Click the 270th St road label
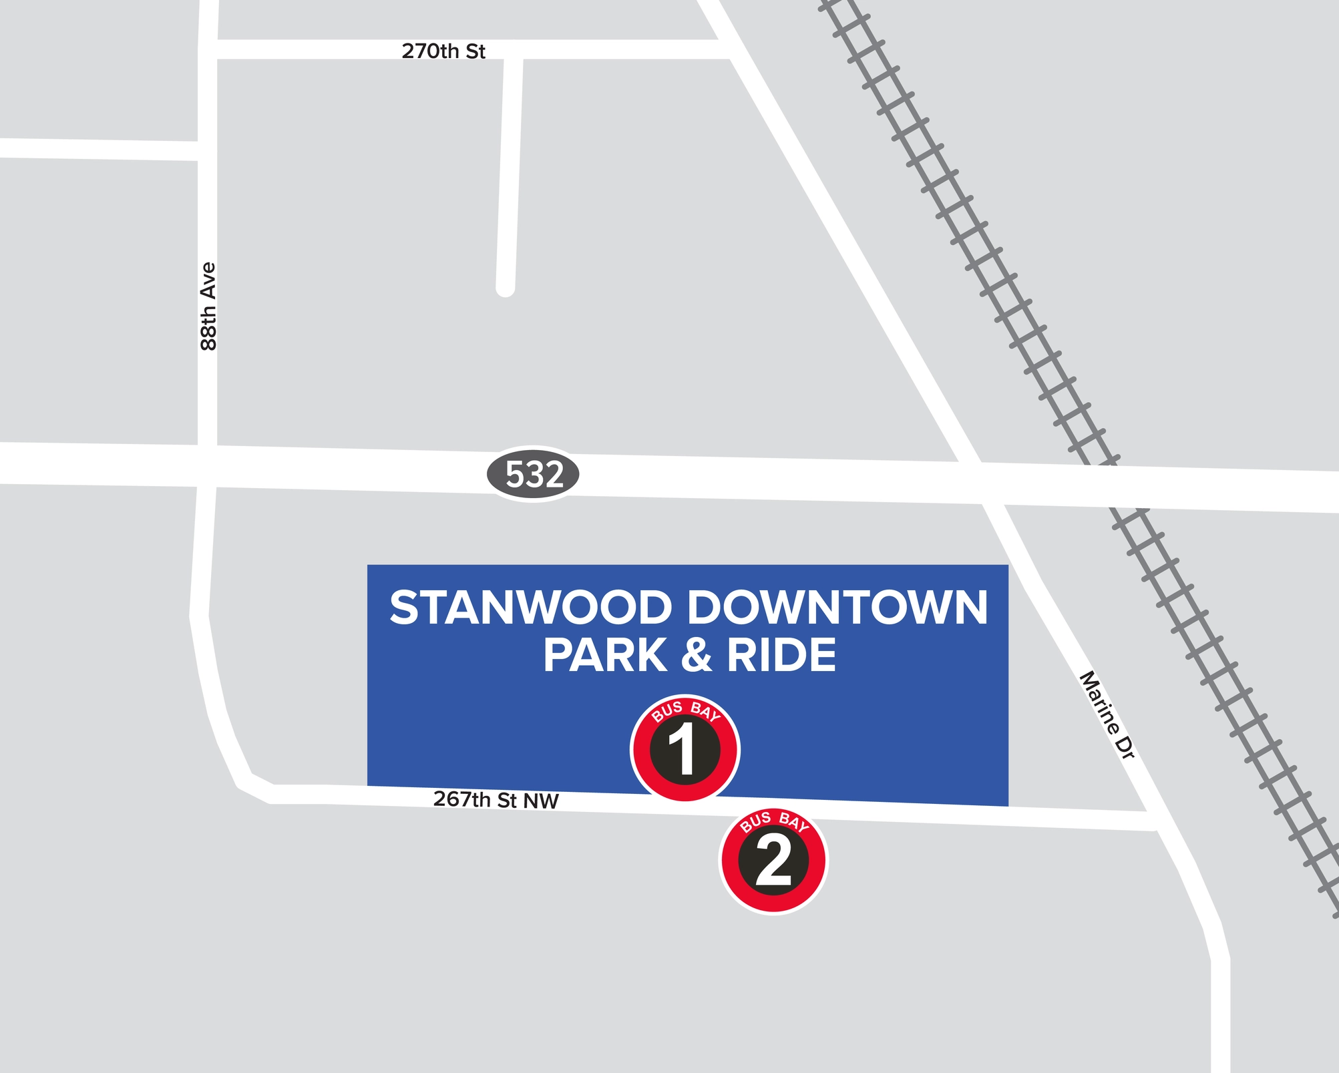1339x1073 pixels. point(443,51)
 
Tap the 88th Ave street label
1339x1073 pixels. point(208,306)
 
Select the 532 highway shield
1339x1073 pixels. point(534,474)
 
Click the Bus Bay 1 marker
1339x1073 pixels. point(685,748)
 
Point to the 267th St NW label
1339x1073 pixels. point(496,799)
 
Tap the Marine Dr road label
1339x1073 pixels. point(1107,714)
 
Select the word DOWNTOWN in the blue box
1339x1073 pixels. point(837,608)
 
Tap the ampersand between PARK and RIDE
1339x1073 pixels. point(697,656)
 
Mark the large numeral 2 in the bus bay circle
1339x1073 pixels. point(773,863)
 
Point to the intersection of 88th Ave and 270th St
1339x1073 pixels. point(208,49)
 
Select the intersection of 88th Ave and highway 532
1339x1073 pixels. point(207,465)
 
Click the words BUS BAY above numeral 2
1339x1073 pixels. point(774,822)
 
